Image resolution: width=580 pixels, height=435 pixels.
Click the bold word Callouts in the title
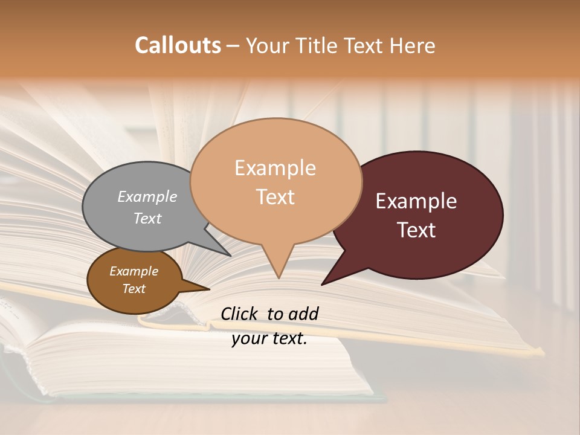178,45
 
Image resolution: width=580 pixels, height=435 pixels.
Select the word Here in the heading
413,45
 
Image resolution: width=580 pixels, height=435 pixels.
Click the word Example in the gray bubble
147,196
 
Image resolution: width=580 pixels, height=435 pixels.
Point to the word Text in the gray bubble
147,218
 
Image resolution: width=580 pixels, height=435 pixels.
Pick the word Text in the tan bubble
275,196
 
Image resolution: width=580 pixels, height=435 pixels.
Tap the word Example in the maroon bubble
416,201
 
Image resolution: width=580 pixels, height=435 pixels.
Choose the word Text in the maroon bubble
416,230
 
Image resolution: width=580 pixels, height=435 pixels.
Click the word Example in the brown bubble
134,271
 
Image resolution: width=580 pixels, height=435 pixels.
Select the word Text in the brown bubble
134,288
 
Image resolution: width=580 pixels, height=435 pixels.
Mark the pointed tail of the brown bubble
207,289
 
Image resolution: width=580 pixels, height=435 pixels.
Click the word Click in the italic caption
240,314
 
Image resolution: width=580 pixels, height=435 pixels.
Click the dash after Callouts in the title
233,45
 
